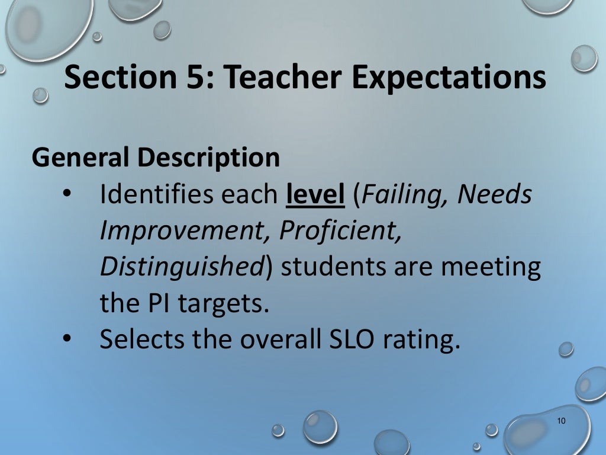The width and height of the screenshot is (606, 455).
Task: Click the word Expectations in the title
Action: pos(448,79)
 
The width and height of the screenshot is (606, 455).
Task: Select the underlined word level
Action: pos(315,194)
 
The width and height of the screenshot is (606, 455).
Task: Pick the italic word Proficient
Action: pos(340,231)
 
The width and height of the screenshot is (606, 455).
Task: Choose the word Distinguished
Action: pos(181,267)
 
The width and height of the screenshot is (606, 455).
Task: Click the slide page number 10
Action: pos(562,421)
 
